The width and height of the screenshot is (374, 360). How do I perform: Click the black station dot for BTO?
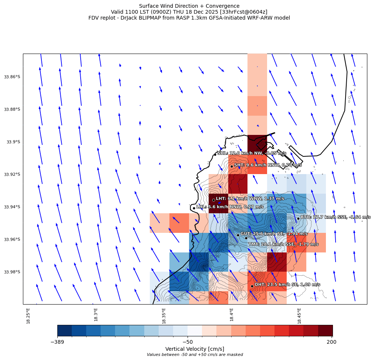click(298, 218)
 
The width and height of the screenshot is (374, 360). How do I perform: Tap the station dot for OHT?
click(252, 286)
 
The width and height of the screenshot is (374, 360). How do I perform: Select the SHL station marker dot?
click(215, 154)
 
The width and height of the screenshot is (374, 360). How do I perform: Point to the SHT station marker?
click(232, 166)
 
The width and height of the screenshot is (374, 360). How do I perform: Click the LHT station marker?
click(213, 200)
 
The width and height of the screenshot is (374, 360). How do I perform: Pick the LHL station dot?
click(194, 208)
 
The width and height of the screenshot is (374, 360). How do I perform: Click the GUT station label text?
click(274, 234)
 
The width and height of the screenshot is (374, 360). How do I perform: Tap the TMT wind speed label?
click(283, 244)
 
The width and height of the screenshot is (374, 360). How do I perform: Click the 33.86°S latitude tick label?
click(12, 77)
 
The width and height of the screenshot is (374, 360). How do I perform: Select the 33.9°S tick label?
click(13, 142)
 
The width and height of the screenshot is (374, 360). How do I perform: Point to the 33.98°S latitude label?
click(12, 272)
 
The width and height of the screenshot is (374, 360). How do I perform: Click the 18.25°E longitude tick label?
click(28, 316)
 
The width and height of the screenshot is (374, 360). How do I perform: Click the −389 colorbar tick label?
click(57, 342)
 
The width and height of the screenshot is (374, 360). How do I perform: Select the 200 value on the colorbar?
click(332, 342)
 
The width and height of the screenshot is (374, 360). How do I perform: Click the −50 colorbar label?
click(188, 342)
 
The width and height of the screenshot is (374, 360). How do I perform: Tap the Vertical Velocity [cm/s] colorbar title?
click(195, 349)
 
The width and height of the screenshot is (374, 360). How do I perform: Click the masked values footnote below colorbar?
click(195, 355)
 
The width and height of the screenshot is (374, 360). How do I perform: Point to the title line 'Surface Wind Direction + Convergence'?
click(189, 6)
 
